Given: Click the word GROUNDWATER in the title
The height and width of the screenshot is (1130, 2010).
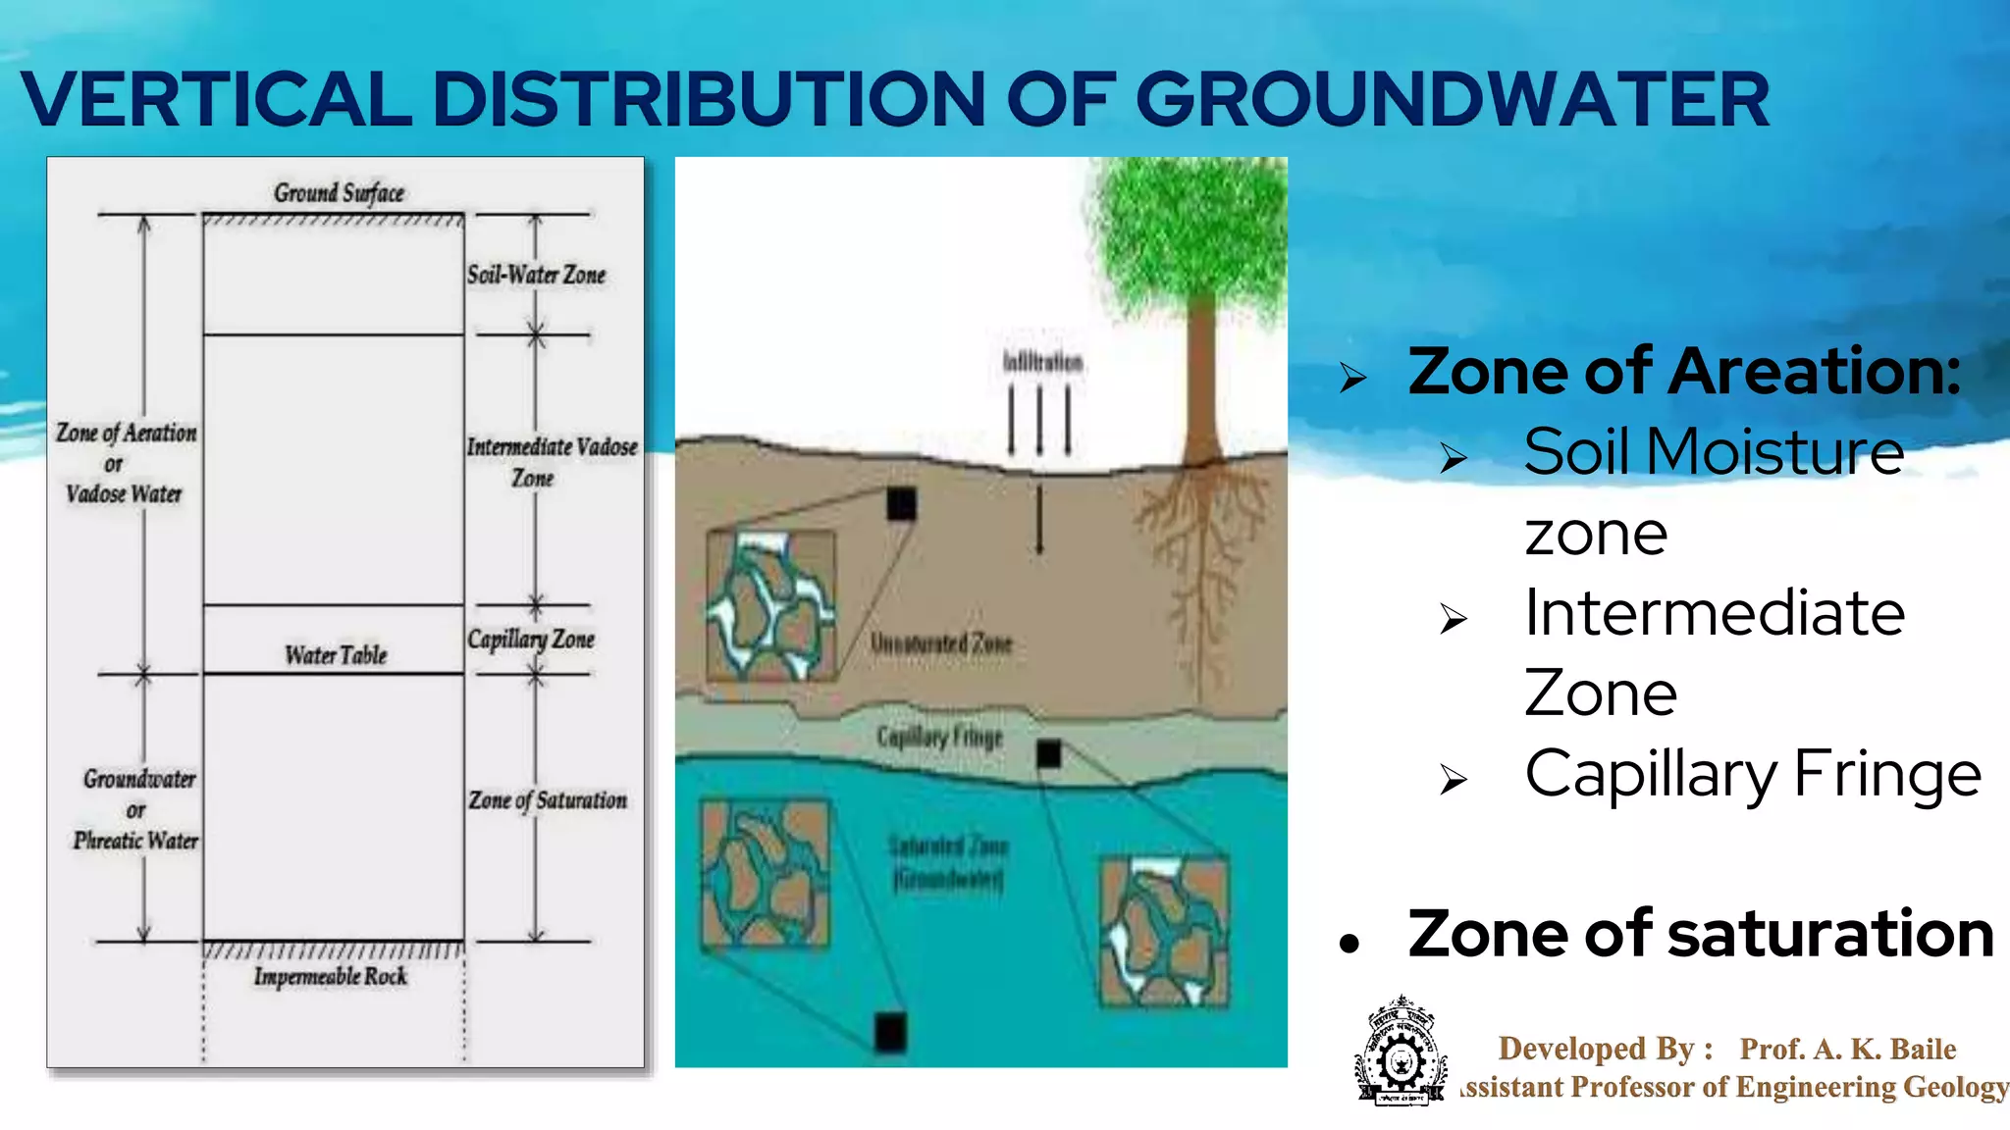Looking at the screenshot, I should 1452,100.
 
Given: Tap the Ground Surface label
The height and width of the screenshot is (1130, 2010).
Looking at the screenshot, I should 339,192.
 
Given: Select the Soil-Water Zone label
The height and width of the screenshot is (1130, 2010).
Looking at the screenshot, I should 536,275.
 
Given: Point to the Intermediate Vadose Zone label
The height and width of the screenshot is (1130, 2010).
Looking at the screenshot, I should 551,462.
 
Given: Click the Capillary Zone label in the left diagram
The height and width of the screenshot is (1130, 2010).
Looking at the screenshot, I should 531,640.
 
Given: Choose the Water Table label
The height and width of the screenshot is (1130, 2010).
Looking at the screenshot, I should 336,655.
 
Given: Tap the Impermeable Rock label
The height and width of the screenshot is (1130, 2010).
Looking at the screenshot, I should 330,977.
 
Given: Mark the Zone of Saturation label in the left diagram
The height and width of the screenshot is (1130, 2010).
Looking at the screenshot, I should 548,800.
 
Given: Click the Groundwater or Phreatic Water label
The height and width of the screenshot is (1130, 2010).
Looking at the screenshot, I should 136,809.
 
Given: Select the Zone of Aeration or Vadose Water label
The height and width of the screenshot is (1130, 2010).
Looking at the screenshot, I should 126,462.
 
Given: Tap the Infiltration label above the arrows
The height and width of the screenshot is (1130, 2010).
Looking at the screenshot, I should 1042,362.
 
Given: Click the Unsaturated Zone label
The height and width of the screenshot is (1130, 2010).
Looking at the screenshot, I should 940,643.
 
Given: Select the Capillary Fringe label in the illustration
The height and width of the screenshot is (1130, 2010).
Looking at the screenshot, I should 939,737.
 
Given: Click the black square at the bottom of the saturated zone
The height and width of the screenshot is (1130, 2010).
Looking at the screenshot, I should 890,1033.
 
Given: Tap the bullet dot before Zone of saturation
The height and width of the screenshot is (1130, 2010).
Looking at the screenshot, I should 1349,943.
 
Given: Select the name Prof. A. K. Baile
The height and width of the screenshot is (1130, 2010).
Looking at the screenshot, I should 1847,1050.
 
